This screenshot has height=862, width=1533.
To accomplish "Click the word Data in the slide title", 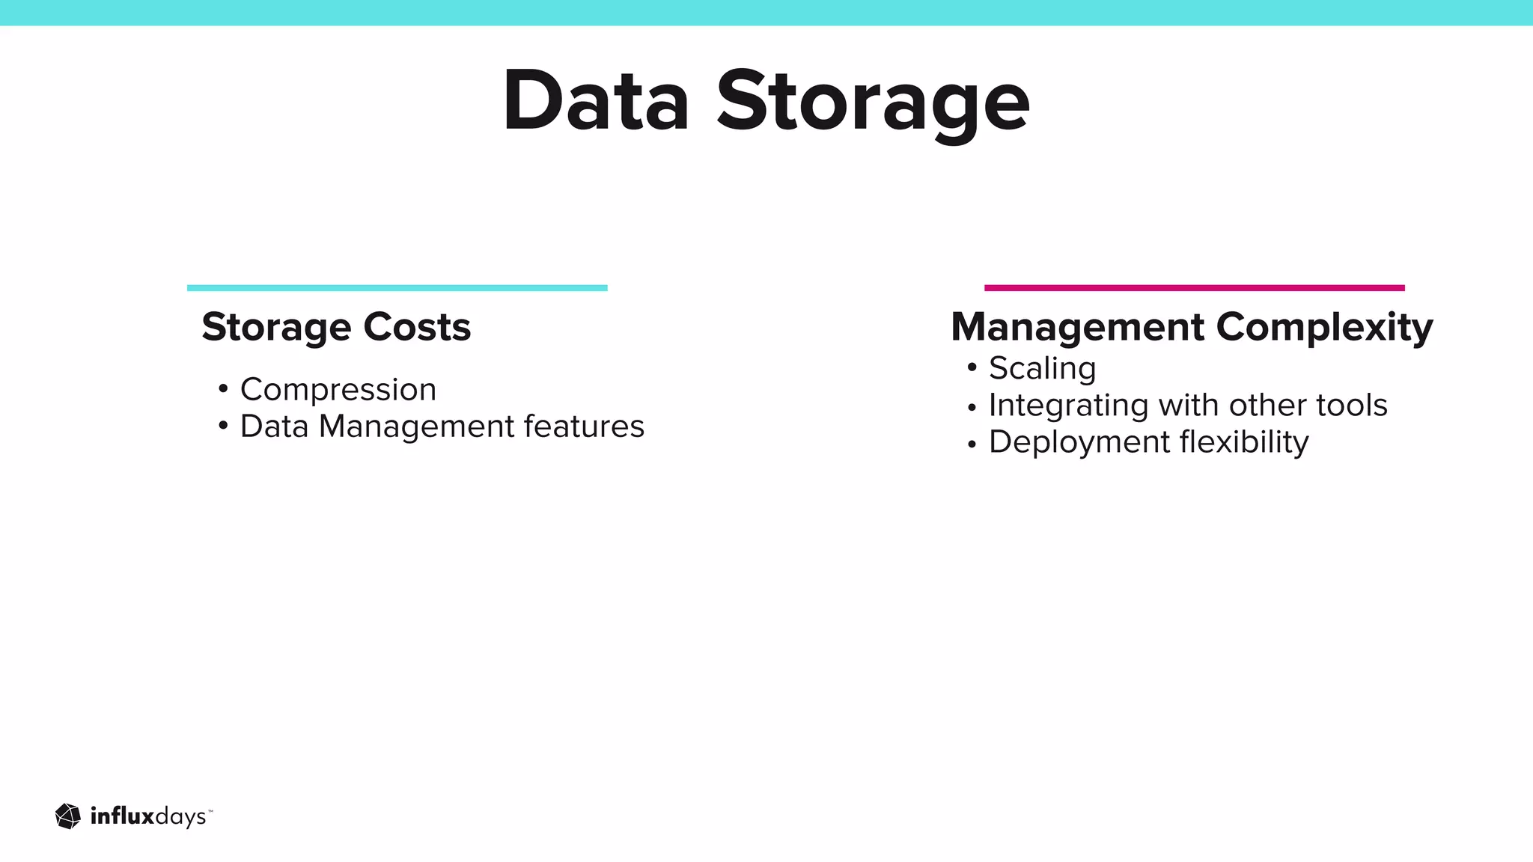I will pos(595,101).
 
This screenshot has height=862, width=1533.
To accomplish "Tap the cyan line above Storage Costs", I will pos(397,288).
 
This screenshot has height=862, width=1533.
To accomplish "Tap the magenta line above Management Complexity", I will pos(1194,288).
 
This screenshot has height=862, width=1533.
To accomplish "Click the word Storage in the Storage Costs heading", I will pos(276,327).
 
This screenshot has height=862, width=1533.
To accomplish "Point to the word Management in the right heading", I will pos(1078,327).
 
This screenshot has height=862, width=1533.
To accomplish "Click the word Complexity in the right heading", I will pos(1324,327).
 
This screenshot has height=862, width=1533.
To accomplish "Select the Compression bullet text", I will pos(338,389).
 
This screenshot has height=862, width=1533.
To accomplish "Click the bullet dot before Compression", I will pos(223,389).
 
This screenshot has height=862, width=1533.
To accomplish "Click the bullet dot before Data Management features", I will pos(223,427).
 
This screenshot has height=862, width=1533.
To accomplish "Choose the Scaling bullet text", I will pos(1042,368).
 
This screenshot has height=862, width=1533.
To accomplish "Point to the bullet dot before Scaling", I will pos(972,367).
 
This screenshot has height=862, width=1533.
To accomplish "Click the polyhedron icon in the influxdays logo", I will pos(68,816).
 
